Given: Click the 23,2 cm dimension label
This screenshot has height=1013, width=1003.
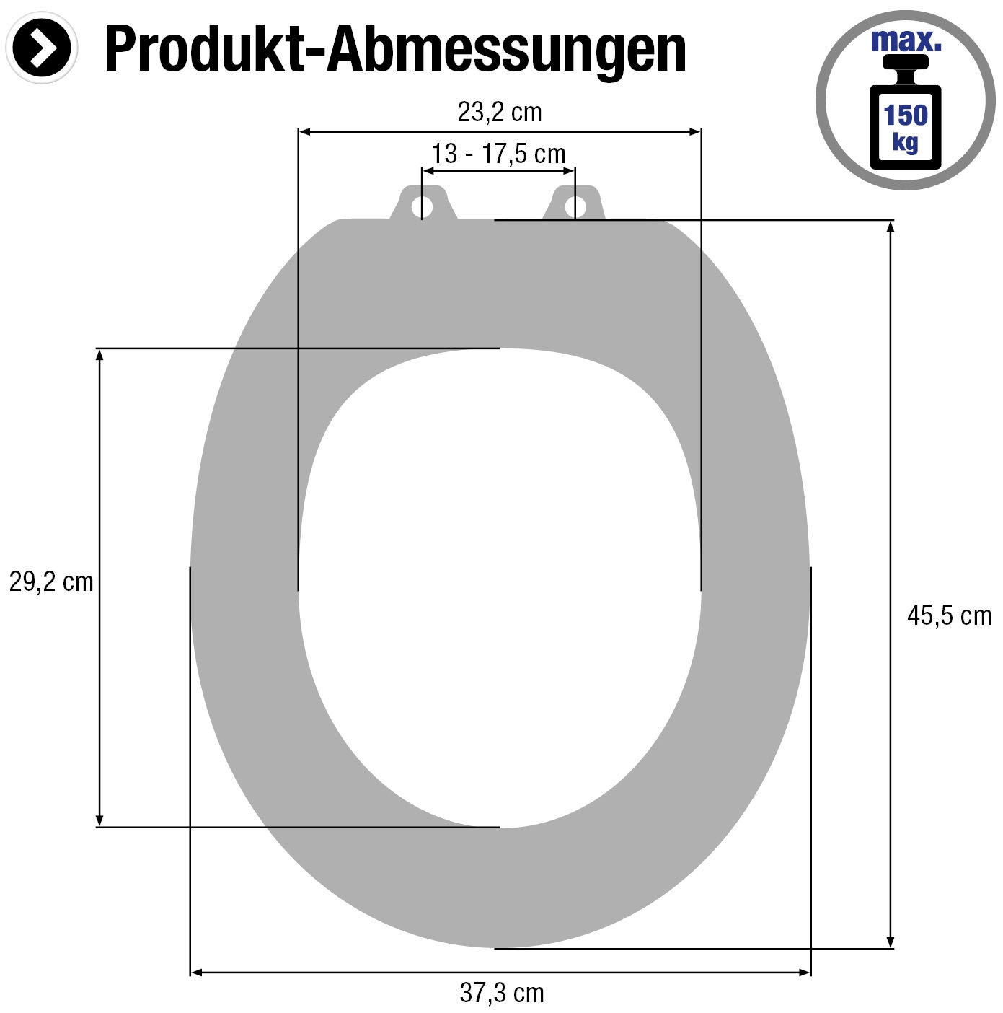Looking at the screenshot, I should (499, 113).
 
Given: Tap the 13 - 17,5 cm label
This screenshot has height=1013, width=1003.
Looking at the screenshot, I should (498, 154).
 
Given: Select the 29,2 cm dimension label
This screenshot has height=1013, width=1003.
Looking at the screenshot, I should (51, 582).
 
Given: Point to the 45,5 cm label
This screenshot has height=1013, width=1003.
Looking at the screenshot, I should (949, 615).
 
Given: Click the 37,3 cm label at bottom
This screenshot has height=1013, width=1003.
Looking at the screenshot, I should (502, 994).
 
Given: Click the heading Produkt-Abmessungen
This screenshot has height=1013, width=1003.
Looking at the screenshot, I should (395, 49).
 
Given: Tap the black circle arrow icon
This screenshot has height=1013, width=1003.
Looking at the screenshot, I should (41, 48).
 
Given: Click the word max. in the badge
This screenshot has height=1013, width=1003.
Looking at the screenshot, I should (906, 41).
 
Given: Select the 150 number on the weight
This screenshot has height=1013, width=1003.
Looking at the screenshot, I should (906, 115).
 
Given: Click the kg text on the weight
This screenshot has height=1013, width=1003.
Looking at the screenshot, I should (906, 141).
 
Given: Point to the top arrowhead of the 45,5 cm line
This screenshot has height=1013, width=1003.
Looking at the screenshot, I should (891, 226).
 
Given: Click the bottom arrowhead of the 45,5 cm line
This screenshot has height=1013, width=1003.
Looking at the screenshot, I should (891, 942).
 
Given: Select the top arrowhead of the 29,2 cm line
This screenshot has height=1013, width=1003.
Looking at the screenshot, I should (100, 354).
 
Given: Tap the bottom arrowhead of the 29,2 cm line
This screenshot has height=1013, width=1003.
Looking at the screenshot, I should (100, 821).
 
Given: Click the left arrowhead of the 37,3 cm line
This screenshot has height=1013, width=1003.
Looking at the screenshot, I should (196, 973).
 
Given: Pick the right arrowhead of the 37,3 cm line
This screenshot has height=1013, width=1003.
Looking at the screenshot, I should (805, 973).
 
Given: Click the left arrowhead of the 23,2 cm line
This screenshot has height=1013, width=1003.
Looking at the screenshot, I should (304, 131).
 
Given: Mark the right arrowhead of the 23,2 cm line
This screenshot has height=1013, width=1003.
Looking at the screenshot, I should (695, 131).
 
